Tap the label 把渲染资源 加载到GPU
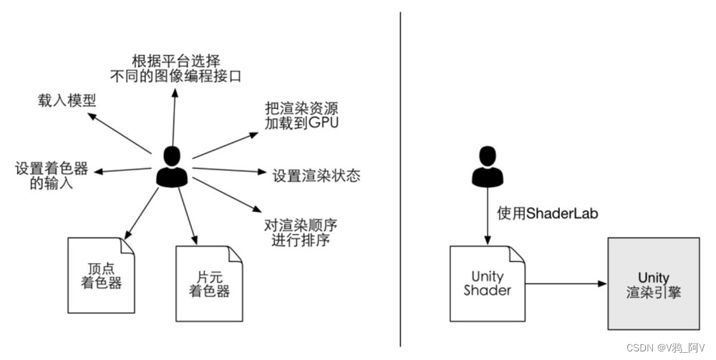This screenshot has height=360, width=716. point(301,115)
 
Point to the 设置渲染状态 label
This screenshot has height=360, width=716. point(316,175)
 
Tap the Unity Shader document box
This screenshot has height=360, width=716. point(488,283)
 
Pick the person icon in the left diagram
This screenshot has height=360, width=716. point(172,167)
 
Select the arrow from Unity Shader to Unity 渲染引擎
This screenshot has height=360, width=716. point(566,284)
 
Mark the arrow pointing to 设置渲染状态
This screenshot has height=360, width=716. point(229,171)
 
